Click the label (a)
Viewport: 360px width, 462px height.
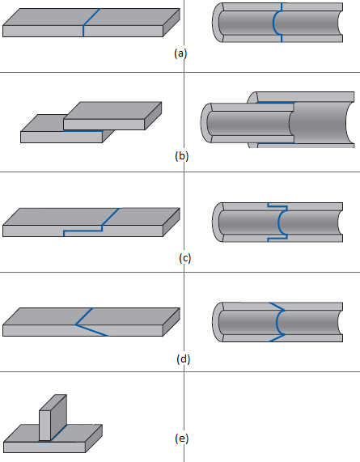click(x=180, y=53)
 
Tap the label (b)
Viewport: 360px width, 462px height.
click(x=181, y=156)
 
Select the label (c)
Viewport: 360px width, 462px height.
click(x=184, y=258)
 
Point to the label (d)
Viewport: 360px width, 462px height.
click(x=184, y=359)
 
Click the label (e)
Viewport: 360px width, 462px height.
click(x=181, y=439)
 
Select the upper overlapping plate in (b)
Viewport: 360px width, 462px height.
click(x=112, y=116)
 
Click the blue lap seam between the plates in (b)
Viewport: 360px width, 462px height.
click(x=83, y=131)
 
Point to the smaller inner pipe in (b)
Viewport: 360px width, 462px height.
click(x=248, y=123)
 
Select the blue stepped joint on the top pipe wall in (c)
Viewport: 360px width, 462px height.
click(x=277, y=206)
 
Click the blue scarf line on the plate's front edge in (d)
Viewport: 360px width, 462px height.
click(x=92, y=330)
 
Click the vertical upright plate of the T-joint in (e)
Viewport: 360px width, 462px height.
click(x=53, y=417)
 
